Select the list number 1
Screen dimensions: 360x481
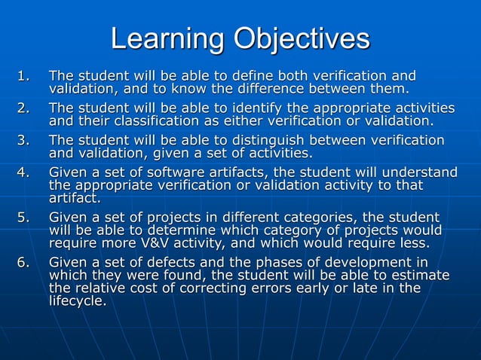pos(26,76)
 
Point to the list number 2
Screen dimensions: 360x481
pos(26,108)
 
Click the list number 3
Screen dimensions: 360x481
pos(26,140)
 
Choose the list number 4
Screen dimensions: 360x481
pos(26,172)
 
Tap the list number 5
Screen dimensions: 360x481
pos(26,218)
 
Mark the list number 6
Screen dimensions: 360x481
pos(26,263)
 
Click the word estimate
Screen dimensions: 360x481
pos(422,276)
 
